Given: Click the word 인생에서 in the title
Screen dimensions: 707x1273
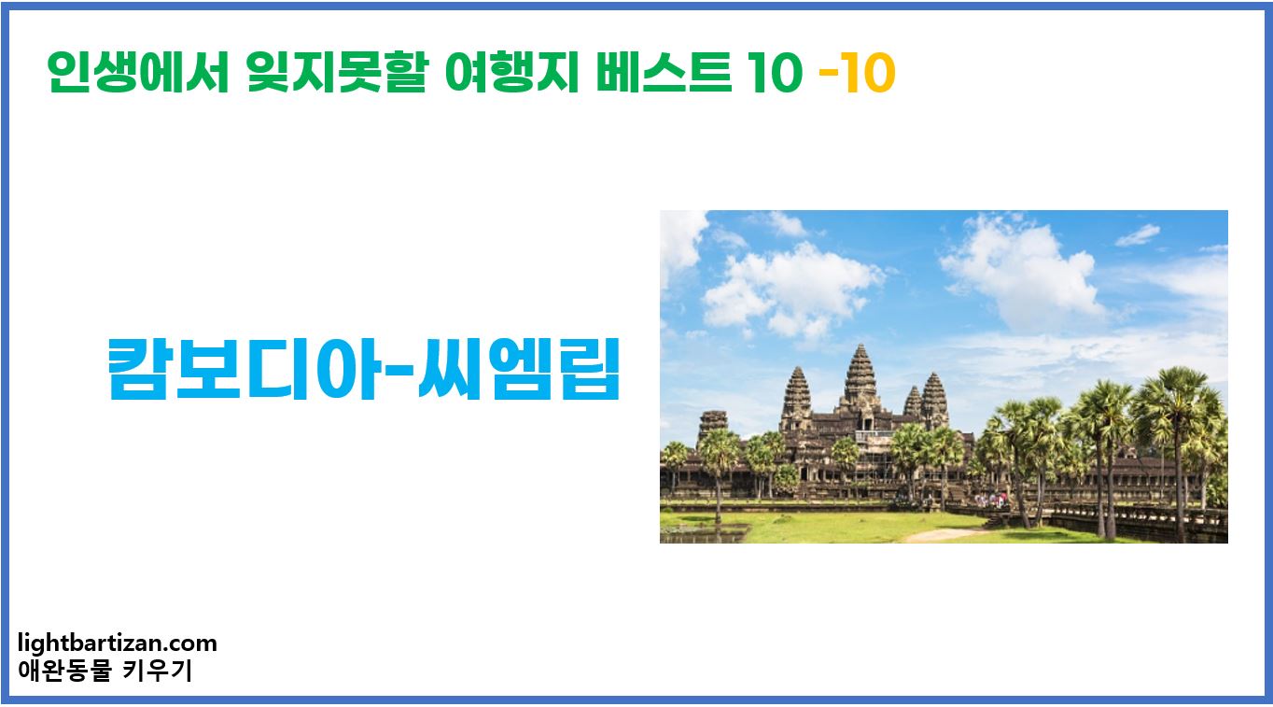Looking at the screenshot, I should [138, 75].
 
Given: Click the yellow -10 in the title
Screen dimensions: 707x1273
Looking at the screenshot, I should [856, 75].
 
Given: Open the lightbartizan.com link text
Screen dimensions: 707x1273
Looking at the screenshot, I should [117, 643].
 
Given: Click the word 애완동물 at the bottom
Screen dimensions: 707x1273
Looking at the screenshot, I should [62, 671].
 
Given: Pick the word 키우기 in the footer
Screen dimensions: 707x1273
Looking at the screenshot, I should [158, 671].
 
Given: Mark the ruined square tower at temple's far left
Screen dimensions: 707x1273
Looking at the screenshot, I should [711, 425].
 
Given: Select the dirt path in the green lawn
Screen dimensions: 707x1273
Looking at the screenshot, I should [943, 533].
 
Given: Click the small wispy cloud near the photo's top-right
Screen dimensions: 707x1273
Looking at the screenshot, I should [1138, 234].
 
